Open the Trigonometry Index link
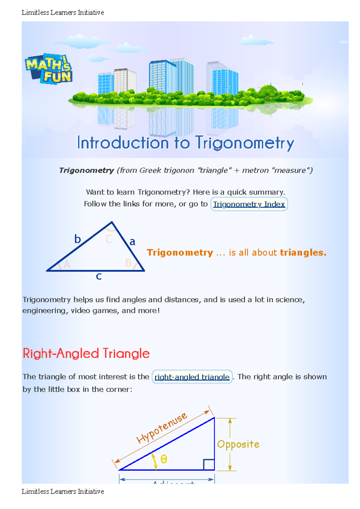click(x=249, y=204)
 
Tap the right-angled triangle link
click(x=192, y=377)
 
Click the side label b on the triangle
click(x=78, y=239)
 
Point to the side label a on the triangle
click(x=132, y=242)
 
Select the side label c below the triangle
click(x=99, y=276)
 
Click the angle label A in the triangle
click(x=67, y=264)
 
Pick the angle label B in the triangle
click(x=128, y=263)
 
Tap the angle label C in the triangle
click(x=109, y=239)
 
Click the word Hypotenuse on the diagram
click(x=162, y=427)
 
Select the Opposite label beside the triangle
click(x=238, y=444)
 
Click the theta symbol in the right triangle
click(x=164, y=459)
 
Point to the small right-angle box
click(x=209, y=464)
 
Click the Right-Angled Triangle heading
click(x=86, y=353)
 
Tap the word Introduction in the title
click(x=123, y=143)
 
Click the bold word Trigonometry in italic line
click(x=86, y=170)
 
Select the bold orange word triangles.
click(x=303, y=253)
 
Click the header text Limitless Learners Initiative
click(x=63, y=13)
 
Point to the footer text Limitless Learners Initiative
click(x=63, y=492)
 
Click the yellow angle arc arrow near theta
click(x=155, y=461)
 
